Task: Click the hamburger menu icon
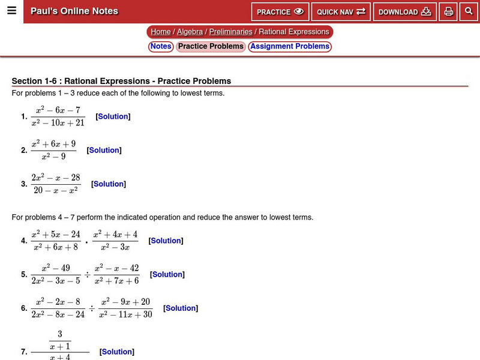coord(11,11)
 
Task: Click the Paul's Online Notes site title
coord(74,11)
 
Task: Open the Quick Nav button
coord(341,12)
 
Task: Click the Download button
coord(404,12)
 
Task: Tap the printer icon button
coord(448,12)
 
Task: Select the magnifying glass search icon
coord(469,11)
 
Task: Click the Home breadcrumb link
coord(161,32)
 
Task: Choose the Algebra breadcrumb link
coord(190,32)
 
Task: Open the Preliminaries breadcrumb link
coord(230,32)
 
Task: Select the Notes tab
coord(161,46)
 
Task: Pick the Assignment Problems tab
coord(290,46)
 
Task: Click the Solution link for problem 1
coord(113,116)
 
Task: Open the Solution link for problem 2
coord(104,150)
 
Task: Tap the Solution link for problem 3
coord(108,184)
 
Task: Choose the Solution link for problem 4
coord(166,241)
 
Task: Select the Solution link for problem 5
coord(167,274)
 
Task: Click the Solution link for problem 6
coord(181,308)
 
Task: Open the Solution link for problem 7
coord(117,352)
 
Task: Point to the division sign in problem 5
coord(88,275)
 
